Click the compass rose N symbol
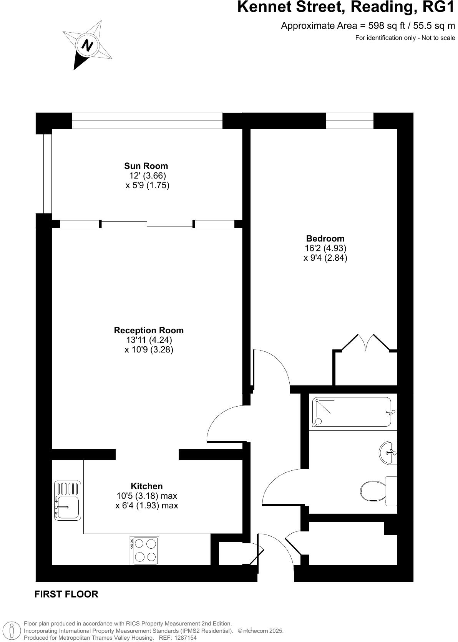88,45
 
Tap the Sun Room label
146,166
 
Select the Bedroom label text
325,238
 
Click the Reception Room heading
149,330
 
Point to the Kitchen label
146,486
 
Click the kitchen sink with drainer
68,501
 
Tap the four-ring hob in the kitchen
144,550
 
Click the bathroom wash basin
388,453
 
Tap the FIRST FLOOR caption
66,594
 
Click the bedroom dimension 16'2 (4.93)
325,248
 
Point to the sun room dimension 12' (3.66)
148,175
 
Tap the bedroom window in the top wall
350,121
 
